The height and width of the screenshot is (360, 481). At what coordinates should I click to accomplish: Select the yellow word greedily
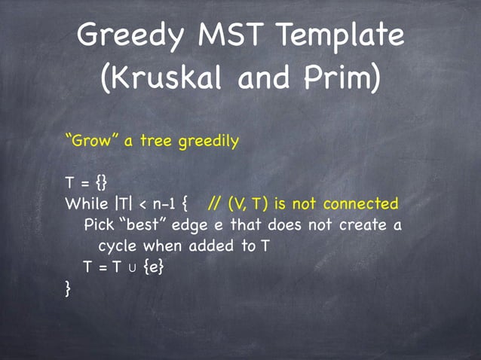pyautogui.click(x=211, y=141)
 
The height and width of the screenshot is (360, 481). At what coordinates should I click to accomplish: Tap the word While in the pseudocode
pyautogui.click(x=87, y=204)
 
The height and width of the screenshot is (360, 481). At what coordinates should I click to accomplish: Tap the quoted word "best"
pyautogui.click(x=143, y=224)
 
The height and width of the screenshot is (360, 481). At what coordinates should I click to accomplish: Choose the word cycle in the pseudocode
pyautogui.click(x=118, y=246)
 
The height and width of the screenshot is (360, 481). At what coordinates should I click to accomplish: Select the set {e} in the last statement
pyautogui.click(x=150, y=267)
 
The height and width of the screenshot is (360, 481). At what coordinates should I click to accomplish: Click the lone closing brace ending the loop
pyautogui.click(x=69, y=287)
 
